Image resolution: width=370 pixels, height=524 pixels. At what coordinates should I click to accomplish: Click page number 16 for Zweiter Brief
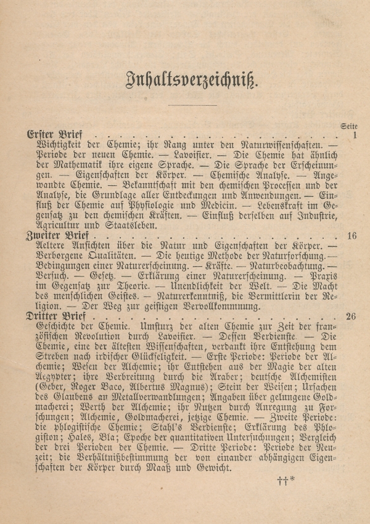click(351, 236)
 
